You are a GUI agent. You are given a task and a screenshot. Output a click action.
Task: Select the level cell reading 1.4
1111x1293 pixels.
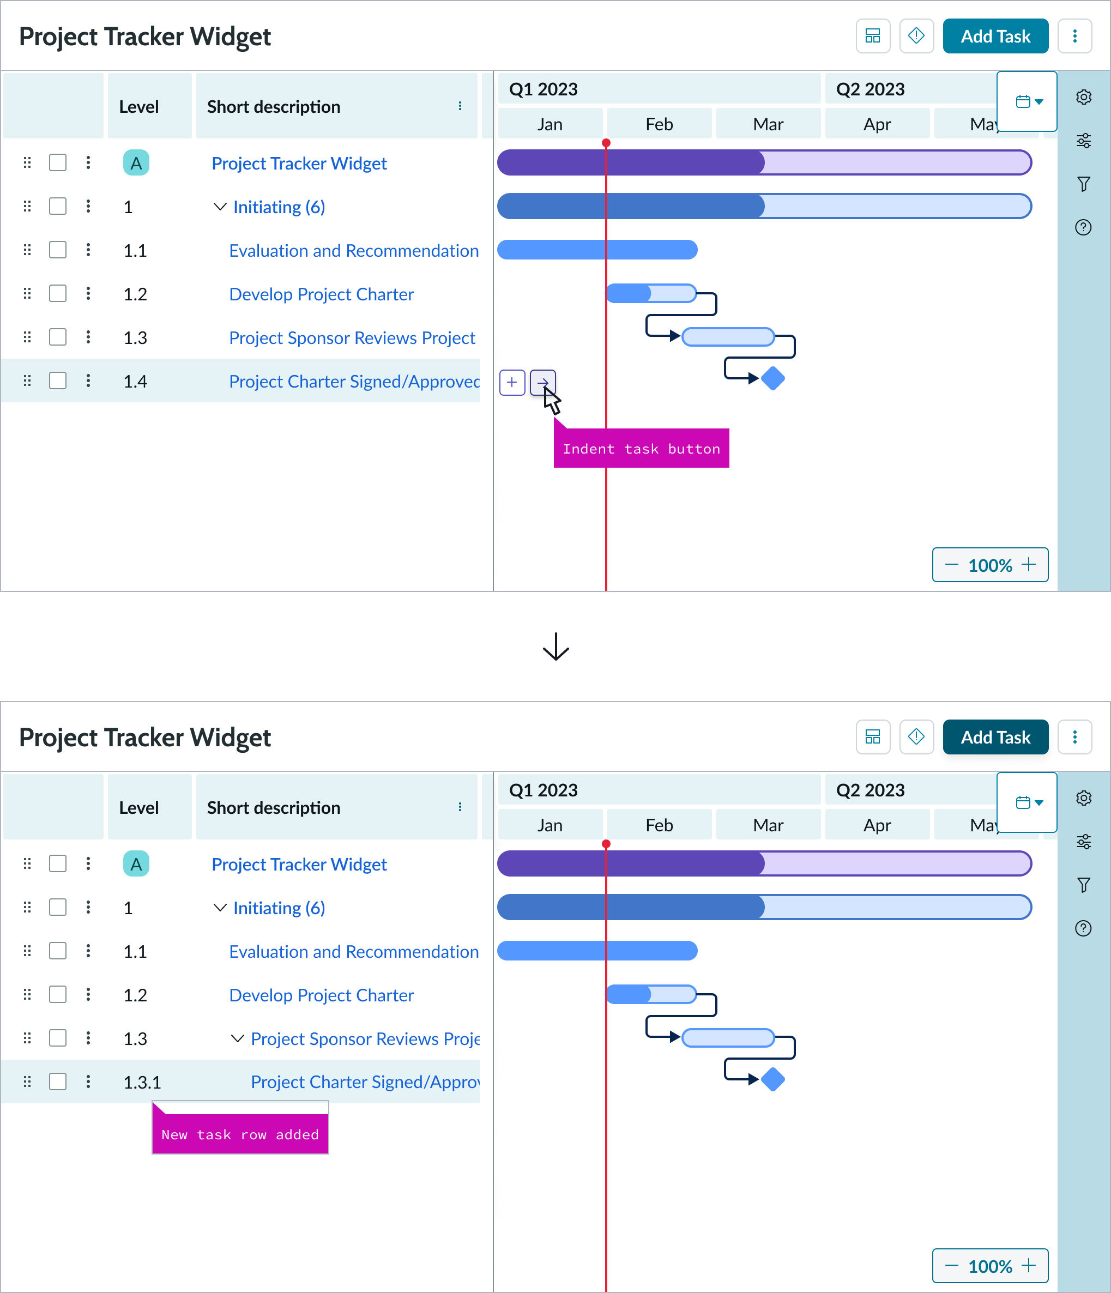[135, 381]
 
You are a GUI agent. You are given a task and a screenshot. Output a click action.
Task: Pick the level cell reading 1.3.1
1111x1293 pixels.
[142, 1082]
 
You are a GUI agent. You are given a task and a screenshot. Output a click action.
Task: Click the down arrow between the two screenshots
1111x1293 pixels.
[555, 646]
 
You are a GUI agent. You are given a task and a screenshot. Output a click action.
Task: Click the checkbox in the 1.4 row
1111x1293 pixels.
[58, 380]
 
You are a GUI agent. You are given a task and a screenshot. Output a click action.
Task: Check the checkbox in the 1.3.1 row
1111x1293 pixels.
[58, 1081]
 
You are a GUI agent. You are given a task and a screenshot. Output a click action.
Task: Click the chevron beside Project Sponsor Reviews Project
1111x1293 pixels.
[237, 1038]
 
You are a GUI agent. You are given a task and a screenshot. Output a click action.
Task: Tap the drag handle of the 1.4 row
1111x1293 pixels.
[27, 380]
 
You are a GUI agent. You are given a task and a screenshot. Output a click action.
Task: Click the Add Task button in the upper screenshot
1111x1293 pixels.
[995, 36]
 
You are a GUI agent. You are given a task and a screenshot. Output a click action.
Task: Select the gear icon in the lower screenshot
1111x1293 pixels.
[1084, 798]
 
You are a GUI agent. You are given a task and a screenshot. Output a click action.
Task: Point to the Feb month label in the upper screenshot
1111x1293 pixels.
[659, 124]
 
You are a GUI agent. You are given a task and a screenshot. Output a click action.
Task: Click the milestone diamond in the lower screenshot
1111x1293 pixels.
[772, 1079]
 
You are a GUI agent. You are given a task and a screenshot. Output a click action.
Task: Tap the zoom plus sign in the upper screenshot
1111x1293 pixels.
[1029, 565]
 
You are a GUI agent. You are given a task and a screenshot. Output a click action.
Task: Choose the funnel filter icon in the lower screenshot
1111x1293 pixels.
[1084, 885]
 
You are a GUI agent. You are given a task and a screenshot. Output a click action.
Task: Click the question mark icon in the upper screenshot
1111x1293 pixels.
[1084, 227]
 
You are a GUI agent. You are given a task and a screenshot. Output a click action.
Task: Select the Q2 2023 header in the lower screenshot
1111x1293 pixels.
[870, 790]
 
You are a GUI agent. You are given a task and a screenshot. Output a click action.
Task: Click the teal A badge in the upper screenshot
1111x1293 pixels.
[136, 163]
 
